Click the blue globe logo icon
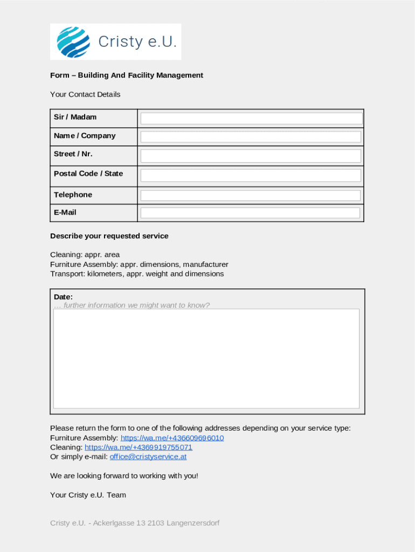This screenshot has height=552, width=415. click(73, 42)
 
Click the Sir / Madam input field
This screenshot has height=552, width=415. click(251, 119)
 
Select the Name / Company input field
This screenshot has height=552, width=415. click(251, 137)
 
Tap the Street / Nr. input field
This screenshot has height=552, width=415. click(251, 156)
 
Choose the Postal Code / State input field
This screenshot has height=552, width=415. click(251, 176)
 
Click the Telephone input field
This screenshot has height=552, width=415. click(251, 196)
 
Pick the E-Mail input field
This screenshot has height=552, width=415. click(251, 213)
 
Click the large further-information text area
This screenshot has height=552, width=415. click(206, 358)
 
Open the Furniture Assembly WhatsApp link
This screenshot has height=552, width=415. click(172, 438)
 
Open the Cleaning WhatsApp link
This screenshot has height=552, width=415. click(139, 447)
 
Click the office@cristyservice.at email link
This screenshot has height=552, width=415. click(148, 457)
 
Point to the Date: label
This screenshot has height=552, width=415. click(63, 297)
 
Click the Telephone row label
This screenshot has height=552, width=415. click(73, 195)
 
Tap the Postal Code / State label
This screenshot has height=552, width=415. click(88, 174)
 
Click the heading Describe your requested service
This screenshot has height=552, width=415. click(109, 236)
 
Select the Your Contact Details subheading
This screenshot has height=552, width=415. click(85, 94)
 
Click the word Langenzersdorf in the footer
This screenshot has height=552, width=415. click(193, 523)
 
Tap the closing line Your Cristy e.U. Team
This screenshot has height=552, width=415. click(88, 495)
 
